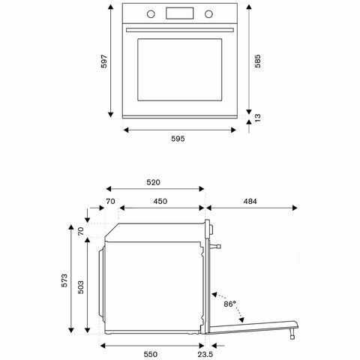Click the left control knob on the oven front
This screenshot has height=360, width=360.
(x=151, y=13)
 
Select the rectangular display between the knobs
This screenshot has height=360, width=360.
(x=178, y=13)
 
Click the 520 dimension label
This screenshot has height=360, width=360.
(x=154, y=182)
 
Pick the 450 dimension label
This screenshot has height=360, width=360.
(x=161, y=201)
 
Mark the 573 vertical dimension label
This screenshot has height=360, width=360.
(x=65, y=282)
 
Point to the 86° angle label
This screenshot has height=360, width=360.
(x=229, y=304)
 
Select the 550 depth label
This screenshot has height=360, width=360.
(x=151, y=352)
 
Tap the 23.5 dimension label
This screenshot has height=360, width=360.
(x=205, y=352)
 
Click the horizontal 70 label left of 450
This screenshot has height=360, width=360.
(x=110, y=201)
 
